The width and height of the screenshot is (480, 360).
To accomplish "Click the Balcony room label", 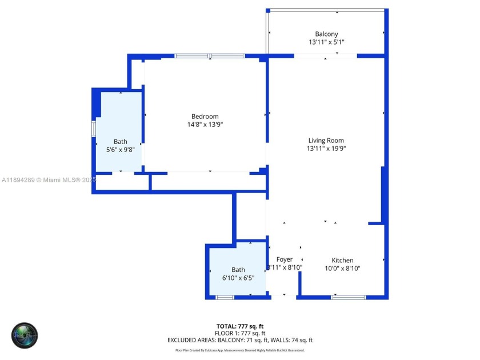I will click(x=326, y=34).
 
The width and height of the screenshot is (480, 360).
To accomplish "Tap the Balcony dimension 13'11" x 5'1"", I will click(x=326, y=42).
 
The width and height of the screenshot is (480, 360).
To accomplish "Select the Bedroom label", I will click(x=205, y=117).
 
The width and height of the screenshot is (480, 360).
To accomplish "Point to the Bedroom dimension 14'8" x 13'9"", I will click(x=205, y=125).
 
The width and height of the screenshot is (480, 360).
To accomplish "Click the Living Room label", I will click(x=326, y=141).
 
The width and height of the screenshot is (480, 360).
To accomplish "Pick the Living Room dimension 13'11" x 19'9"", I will click(x=326, y=149).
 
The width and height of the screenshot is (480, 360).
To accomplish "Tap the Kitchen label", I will click(x=342, y=261).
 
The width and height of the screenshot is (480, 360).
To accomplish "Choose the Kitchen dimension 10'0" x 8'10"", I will click(x=342, y=268).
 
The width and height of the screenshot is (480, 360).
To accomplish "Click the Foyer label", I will click(x=285, y=259).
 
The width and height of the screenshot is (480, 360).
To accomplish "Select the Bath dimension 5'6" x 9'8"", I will click(x=120, y=150).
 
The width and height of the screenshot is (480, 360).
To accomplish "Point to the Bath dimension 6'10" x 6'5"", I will click(x=238, y=278).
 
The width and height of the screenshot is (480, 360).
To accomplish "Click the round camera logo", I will click(x=25, y=336).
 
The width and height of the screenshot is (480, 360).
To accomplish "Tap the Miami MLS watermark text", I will click(x=49, y=180).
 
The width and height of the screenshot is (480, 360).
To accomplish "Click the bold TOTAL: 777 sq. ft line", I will click(x=240, y=326).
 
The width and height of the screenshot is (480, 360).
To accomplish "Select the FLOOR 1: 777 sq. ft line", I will click(x=240, y=333).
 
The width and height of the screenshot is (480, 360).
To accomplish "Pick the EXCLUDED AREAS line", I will click(x=240, y=340).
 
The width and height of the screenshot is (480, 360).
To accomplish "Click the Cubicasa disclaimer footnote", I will click(x=240, y=350).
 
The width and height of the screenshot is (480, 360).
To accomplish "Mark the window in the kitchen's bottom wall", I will click(x=349, y=297).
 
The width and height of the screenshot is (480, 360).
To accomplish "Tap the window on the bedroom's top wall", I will click(x=210, y=55).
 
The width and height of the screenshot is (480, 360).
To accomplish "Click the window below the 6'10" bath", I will click(x=225, y=297).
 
